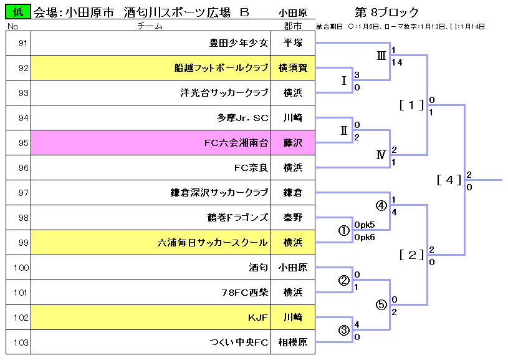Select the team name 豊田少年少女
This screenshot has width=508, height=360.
tap(238, 43)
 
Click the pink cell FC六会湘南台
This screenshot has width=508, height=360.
tap(236, 143)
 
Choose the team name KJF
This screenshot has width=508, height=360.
tap(257, 318)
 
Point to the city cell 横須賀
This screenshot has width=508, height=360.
tap(293, 68)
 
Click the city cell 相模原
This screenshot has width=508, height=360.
tap(293, 343)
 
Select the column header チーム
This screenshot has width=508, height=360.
tap(150, 26)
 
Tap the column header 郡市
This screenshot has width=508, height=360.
tap(292, 26)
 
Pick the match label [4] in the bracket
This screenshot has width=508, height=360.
tap(449, 180)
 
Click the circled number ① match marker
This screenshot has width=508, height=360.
tap(343, 230)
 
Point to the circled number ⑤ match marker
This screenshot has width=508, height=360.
tap(381, 305)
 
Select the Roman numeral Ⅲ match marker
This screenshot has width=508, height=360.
tap(381, 56)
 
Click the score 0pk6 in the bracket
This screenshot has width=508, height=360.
tap(365, 237)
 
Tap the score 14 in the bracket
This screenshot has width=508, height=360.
tap(397, 62)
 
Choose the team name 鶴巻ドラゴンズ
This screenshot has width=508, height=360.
tap(237, 218)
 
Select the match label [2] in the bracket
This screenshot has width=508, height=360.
tap(411, 255)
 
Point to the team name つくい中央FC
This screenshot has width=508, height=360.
tap(239, 343)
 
